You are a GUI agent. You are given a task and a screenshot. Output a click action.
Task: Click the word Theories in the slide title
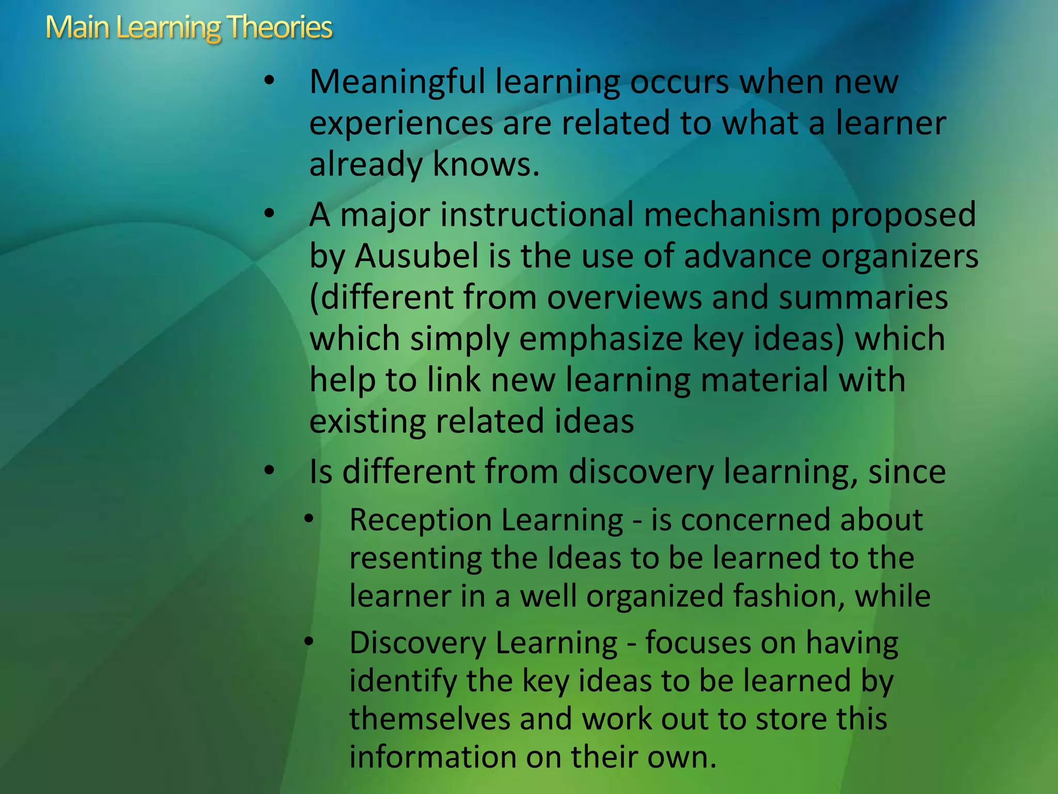click(279, 27)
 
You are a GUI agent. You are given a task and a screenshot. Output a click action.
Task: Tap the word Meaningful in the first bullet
click(397, 83)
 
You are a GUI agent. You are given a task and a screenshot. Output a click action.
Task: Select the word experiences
click(401, 124)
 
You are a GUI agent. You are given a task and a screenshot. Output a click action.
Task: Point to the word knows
click(486, 164)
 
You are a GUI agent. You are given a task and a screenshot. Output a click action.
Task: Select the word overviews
click(625, 298)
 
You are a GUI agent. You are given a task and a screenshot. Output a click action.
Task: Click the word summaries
click(863, 298)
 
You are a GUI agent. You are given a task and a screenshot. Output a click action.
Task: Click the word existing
click(367, 421)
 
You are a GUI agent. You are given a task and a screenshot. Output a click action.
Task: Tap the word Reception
click(420, 520)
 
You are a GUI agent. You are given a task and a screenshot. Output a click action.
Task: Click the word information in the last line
click(433, 757)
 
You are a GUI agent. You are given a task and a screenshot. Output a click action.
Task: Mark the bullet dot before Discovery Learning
click(308, 642)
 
